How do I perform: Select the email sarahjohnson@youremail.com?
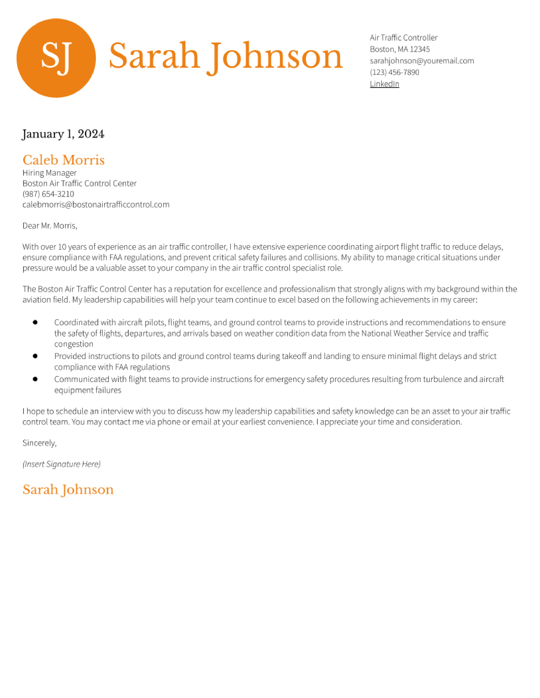(x=422, y=61)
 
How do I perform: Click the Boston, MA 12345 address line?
(x=400, y=49)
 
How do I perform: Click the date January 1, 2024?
(x=63, y=134)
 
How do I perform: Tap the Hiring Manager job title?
(x=49, y=173)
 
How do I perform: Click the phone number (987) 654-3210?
(x=48, y=194)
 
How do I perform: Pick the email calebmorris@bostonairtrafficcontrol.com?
(x=96, y=205)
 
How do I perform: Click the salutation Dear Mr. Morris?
(x=50, y=226)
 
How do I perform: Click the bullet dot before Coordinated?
(x=35, y=323)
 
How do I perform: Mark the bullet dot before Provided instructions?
(x=35, y=356)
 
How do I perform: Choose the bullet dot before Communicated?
(x=35, y=379)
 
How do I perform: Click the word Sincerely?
(x=39, y=443)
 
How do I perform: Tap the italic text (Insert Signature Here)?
(x=61, y=464)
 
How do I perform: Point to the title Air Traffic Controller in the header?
(x=403, y=38)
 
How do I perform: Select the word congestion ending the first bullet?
(x=73, y=344)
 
